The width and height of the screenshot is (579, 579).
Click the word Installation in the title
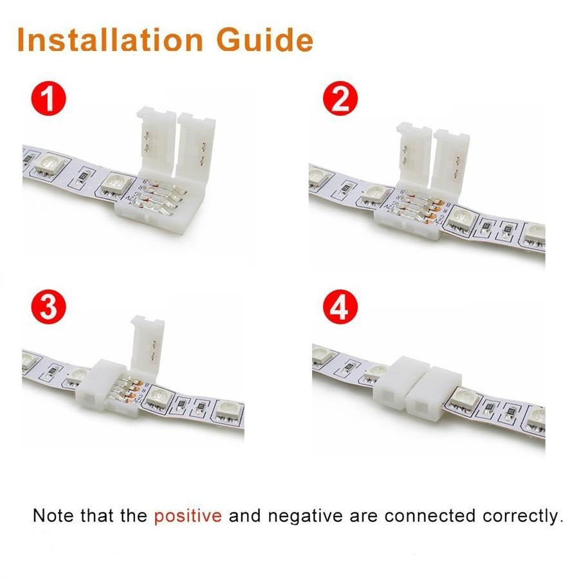(110, 39)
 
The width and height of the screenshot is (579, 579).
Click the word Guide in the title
(265, 39)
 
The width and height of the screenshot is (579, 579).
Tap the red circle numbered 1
(48, 98)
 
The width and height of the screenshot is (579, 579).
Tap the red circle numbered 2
(340, 98)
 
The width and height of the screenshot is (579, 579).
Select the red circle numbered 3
(48, 307)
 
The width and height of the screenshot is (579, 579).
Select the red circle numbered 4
(340, 307)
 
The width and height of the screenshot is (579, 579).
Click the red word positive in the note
(188, 516)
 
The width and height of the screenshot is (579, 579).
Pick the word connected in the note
(430, 516)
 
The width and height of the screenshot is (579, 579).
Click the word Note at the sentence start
(53, 515)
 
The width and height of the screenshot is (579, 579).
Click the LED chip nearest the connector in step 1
(115, 184)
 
